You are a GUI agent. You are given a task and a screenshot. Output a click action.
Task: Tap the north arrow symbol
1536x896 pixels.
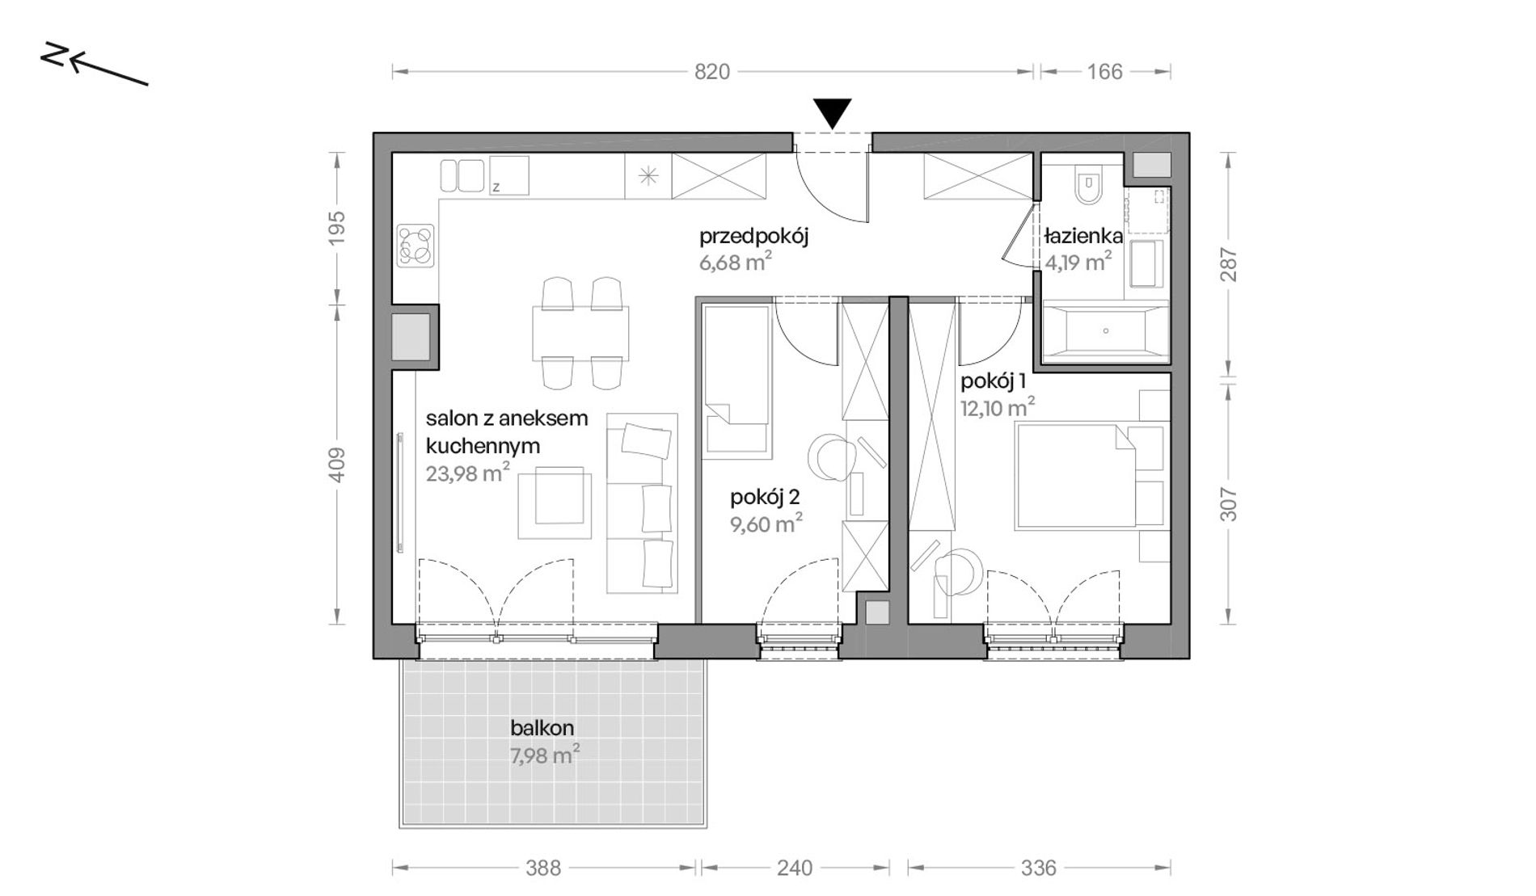pyautogui.click(x=94, y=64)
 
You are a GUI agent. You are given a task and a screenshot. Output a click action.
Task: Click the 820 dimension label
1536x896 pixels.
pyautogui.click(x=712, y=72)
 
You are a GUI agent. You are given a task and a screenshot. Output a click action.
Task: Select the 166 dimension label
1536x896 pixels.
pyautogui.click(x=1105, y=72)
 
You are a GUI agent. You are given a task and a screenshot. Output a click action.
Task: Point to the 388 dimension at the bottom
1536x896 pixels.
pyautogui.click(x=543, y=868)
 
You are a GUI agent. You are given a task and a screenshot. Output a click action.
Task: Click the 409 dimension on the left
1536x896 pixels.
pyautogui.click(x=338, y=465)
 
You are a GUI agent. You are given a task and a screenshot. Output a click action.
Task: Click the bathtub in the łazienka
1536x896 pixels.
pyautogui.click(x=1105, y=330)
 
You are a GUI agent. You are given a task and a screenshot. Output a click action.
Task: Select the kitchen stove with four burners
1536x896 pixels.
pyautogui.click(x=416, y=246)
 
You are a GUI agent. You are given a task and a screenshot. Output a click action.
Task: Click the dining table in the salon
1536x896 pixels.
pyautogui.click(x=580, y=334)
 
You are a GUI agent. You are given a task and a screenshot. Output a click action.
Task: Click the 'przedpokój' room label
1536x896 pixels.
pyautogui.click(x=754, y=237)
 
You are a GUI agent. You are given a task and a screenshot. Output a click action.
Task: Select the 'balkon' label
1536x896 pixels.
pyautogui.click(x=542, y=728)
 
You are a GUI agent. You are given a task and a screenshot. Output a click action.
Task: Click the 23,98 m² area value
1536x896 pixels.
pyautogui.click(x=468, y=473)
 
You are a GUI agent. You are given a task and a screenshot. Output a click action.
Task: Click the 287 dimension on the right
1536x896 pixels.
pyautogui.click(x=1228, y=264)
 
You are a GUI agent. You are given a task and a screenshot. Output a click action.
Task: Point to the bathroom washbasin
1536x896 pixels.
pyautogui.click(x=1148, y=263)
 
